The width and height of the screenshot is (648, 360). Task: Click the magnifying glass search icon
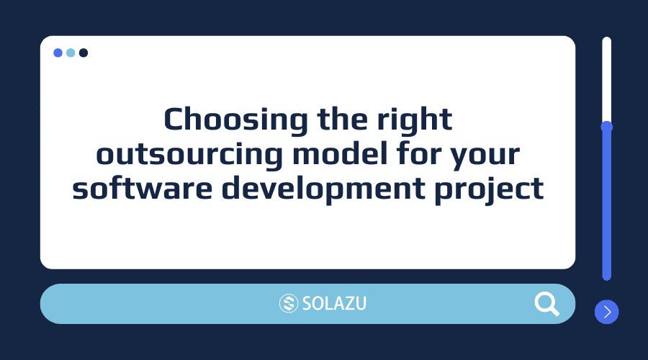coord(547,304)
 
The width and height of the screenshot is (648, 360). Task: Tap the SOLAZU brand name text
coord(334,304)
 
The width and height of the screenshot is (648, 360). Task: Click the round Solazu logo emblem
coord(288,304)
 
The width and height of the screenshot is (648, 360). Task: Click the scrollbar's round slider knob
coord(607,127)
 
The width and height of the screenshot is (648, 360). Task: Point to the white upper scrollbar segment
coord(607,79)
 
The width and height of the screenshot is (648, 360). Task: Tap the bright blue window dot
coord(58,53)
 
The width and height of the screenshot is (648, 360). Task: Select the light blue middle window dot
coord(71,53)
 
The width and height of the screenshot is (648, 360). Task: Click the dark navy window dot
coord(84,53)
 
